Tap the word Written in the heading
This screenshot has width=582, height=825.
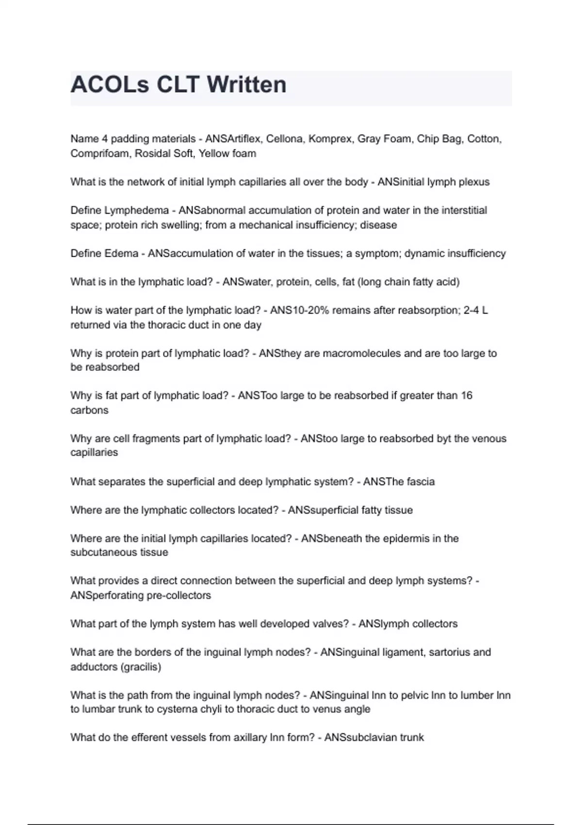pos(246,85)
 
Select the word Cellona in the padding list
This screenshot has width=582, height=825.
pos(284,139)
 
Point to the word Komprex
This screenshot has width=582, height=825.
pos(330,139)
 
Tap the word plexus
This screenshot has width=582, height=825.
pos(474,182)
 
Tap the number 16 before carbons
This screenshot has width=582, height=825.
pos(467,396)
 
